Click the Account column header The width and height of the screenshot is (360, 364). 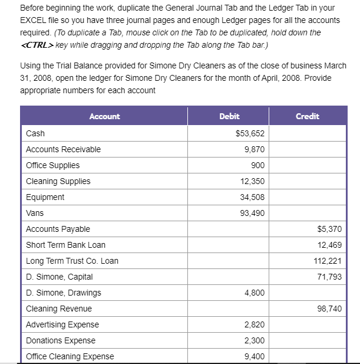[104, 116]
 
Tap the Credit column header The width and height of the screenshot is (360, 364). [308, 116]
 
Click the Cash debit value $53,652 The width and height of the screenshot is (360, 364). [250, 134]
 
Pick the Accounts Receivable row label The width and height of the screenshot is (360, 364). [64, 150]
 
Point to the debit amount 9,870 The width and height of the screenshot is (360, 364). [254, 150]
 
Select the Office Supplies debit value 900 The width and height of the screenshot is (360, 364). [257, 166]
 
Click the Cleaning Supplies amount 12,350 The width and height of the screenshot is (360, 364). [252, 182]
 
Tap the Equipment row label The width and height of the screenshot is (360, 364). [45, 198]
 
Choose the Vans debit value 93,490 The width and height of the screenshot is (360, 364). [252, 214]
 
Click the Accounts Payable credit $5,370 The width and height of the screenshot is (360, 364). [329, 229]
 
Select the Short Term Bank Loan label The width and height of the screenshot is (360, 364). [66, 245]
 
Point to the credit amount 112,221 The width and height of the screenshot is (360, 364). [329, 261]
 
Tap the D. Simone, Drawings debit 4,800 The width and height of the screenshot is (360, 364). [254, 293]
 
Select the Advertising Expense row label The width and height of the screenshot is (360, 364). [62, 325]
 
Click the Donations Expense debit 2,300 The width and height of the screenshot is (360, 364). [254, 341]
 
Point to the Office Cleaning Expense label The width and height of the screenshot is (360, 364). [70, 356]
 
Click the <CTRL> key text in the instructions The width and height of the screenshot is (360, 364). [38, 44]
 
